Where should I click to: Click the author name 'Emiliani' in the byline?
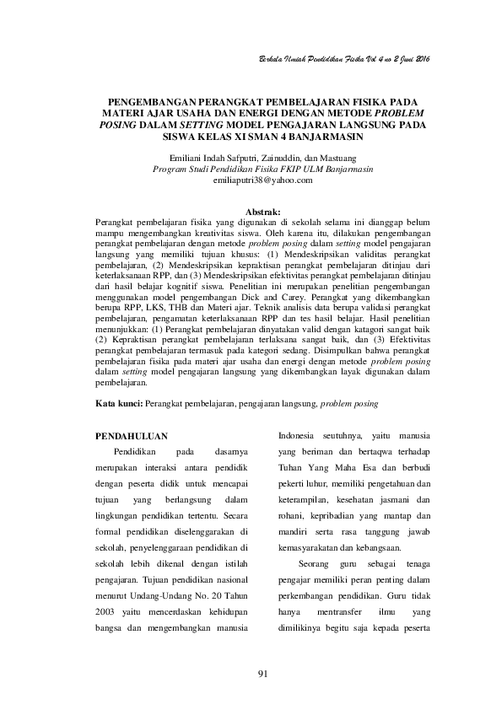click(186, 158)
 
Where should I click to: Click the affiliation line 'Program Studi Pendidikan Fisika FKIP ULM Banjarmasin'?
click(262, 169)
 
